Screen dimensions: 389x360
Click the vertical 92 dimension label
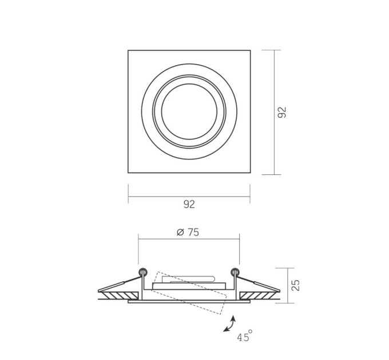click(282, 112)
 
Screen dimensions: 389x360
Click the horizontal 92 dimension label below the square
click(189, 204)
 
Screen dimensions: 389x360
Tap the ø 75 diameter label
click(188, 232)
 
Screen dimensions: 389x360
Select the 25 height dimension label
click(296, 285)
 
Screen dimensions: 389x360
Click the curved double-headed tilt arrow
click(229, 323)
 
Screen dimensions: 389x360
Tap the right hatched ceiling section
click(257, 295)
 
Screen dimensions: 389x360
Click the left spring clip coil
click(143, 272)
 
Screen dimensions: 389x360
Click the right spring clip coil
click(235, 272)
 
